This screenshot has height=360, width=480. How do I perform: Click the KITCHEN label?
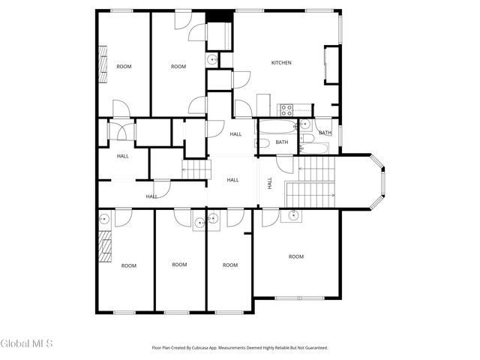coord(281,62)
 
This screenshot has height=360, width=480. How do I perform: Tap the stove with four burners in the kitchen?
coord(286,109)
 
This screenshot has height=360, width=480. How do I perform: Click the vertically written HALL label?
coord(270,181)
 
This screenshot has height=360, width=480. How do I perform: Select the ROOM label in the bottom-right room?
coord(296,256)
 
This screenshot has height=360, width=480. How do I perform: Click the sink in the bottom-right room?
coord(292,217)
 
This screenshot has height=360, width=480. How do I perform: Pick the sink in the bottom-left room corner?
coord(104,218)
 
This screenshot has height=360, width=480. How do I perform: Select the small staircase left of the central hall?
coord(193,170)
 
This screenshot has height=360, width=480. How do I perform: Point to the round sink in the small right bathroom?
coord(306,124)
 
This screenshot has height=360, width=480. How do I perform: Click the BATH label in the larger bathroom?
coord(282,142)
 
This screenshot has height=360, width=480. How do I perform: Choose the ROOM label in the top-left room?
coord(124,67)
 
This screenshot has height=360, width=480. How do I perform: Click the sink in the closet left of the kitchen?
coord(212,61)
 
